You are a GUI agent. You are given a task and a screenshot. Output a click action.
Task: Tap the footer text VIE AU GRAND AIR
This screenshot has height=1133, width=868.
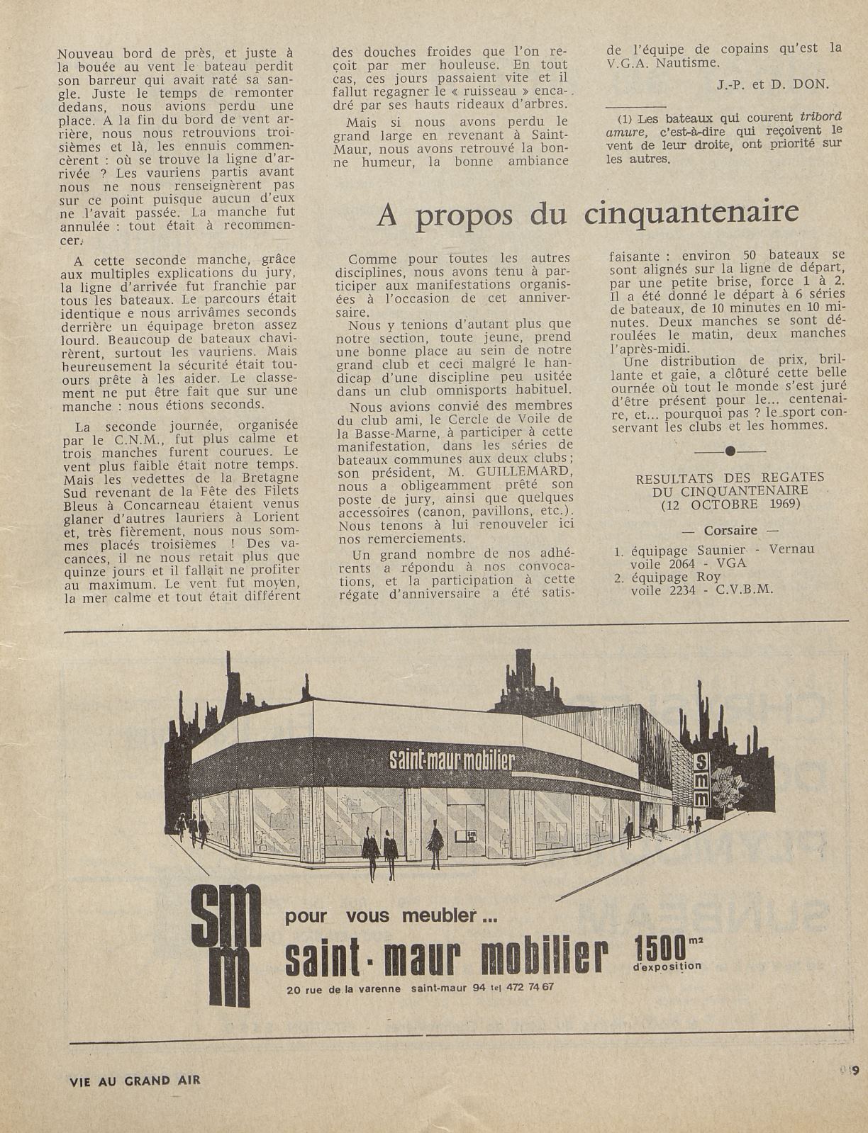(x=135, y=1081)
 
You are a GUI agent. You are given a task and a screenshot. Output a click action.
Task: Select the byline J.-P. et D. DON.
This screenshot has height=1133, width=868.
(x=772, y=84)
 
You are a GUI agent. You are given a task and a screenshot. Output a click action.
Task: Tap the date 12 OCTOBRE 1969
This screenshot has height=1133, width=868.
(x=730, y=504)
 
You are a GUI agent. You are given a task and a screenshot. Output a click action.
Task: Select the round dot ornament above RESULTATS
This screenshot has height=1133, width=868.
(x=730, y=451)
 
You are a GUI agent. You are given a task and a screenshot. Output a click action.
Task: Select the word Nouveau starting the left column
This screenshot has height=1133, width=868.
(x=87, y=53)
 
